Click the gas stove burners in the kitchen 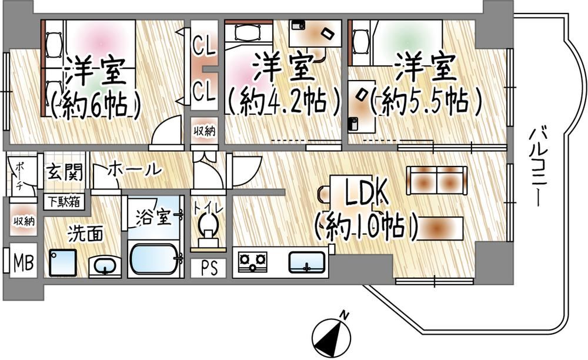[253, 261]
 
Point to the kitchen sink [307, 262]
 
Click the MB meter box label [24, 262]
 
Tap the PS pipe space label [209, 268]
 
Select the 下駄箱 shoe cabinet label [64, 202]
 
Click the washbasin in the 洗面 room [105, 266]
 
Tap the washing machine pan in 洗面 [63, 263]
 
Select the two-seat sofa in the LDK [437, 181]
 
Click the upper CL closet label [205, 46]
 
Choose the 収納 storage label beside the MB [24, 221]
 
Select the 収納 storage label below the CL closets [205, 131]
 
